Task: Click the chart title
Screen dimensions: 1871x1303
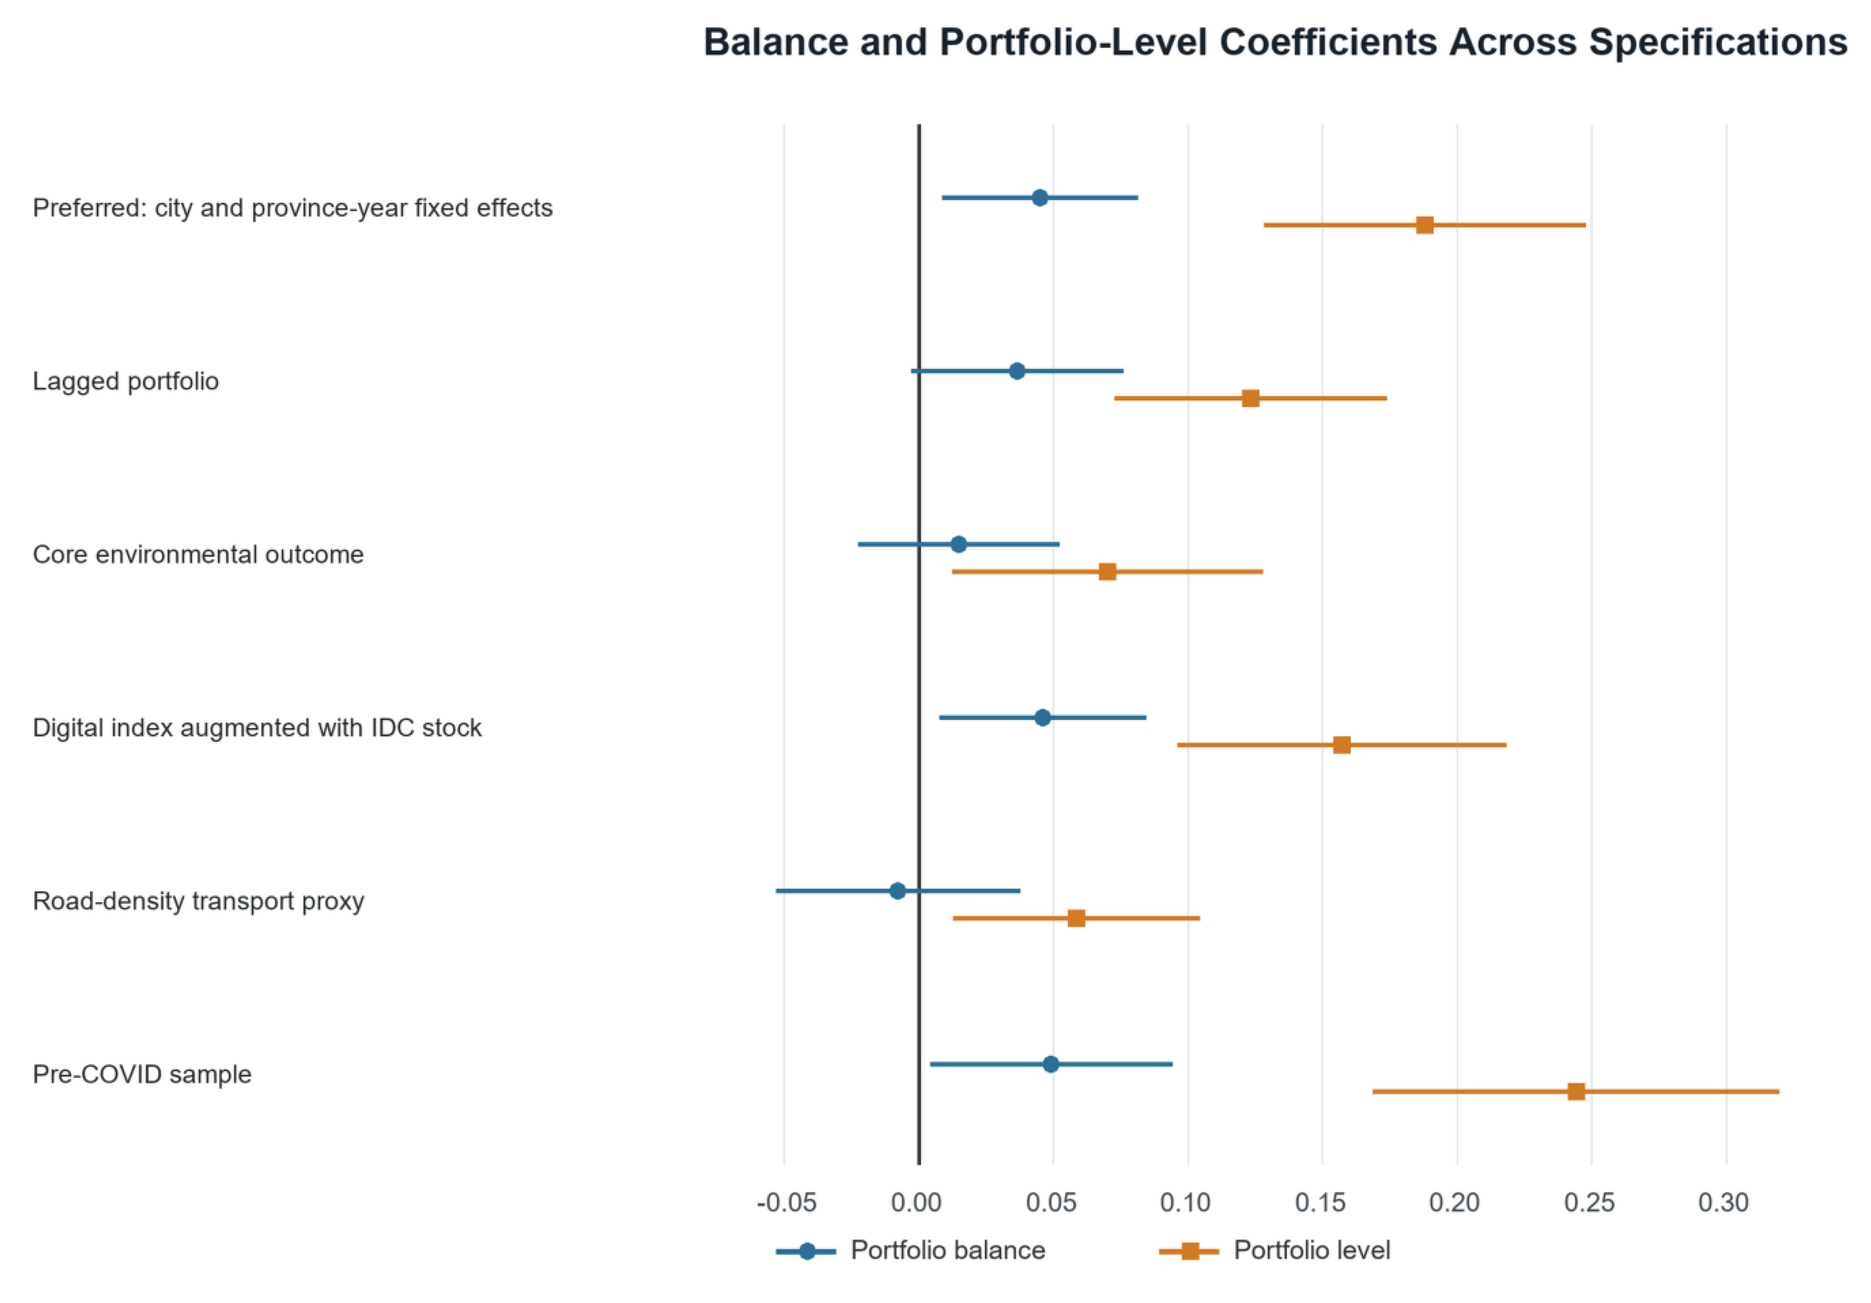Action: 1275,43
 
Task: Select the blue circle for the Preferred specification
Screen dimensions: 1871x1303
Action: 1040,198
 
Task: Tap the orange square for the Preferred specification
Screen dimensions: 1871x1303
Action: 1424,225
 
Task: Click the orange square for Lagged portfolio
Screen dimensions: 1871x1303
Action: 1250,399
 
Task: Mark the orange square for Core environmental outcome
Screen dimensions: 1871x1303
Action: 1108,572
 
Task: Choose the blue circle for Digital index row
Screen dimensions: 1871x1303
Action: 1042,718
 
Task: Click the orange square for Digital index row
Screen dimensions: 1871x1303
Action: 1341,745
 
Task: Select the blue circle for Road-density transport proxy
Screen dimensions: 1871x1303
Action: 897,891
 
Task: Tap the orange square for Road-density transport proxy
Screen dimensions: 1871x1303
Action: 1076,918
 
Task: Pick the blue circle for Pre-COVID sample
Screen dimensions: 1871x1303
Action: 1051,1064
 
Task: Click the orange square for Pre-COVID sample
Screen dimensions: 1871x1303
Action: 1576,1091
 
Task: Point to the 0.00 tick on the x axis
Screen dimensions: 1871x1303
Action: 918,1203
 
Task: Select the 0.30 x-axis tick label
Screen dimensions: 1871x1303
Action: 1724,1203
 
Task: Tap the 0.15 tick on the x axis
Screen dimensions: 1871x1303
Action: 1321,1203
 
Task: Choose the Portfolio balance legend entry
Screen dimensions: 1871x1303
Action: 910,1251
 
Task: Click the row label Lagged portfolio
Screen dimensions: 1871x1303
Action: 125,381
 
